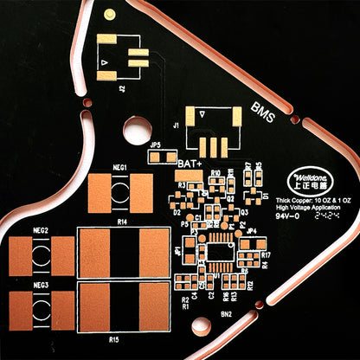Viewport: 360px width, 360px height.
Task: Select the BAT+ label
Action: pos(189,163)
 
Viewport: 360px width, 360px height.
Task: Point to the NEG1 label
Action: pos(120,167)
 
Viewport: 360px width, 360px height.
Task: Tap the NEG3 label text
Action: pos(40,284)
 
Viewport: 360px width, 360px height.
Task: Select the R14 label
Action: pos(122,222)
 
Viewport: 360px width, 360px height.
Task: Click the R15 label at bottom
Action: pos(114,340)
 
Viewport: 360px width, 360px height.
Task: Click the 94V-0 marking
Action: pos(286,217)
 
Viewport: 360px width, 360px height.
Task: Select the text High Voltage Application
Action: pos(313,208)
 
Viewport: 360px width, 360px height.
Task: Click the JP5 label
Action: pos(155,144)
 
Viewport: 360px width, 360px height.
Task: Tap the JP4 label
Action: pos(251,231)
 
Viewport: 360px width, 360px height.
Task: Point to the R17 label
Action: pos(266,255)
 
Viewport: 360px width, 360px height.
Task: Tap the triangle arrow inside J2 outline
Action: pos(104,64)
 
